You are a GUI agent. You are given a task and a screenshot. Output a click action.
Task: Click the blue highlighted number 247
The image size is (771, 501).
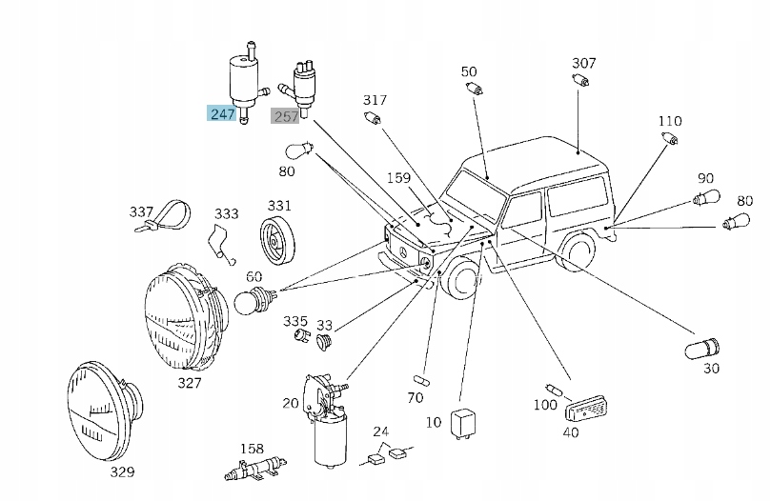pyautogui.click(x=222, y=113)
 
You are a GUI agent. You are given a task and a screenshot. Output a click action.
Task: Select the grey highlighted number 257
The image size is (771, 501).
pyautogui.click(x=285, y=116)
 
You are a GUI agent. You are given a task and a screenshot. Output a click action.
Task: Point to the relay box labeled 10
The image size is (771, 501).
pyautogui.click(x=463, y=424)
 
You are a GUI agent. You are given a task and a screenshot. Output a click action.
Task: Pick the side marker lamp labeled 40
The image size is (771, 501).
pyautogui.click(x=586, y=409)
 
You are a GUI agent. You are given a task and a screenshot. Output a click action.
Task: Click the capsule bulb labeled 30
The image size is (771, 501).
pyautogui.click(x=702, y=349)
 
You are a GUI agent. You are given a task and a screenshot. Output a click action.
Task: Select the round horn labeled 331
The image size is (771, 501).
pyautogui.click(x=276, y=240)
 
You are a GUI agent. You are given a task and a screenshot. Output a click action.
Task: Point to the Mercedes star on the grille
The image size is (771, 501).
pyautogui.click(x=403, y=253)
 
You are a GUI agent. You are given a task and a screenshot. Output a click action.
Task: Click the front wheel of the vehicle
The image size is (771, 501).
pyautogui.click(x=460, y=281)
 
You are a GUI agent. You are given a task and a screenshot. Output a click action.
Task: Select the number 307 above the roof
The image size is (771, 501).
pyautogui.click(x=583, y=63)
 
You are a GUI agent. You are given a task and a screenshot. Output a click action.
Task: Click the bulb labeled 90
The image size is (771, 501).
pyautogui.click(x=706, y=198)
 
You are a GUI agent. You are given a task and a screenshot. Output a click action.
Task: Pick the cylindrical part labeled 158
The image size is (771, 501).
pyautogui.click(x=255, y=468)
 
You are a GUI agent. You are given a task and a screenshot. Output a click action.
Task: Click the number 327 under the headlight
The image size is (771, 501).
pyautogui.click(x=190, y=383)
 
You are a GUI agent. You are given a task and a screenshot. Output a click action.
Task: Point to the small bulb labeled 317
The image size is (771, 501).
pyautogui.click(x=373, y=118)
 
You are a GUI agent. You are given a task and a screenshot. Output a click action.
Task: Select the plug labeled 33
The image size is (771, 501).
pyautogui.click(x=324, y=342)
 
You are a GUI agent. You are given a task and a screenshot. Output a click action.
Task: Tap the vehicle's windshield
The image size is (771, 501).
pyautogui.click(x=475, y=194)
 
